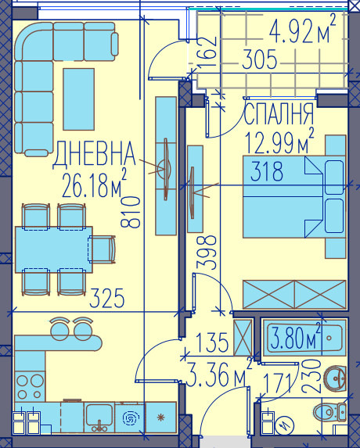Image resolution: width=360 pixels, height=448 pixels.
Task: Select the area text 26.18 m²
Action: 93,188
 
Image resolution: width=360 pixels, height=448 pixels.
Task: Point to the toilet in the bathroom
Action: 331,411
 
